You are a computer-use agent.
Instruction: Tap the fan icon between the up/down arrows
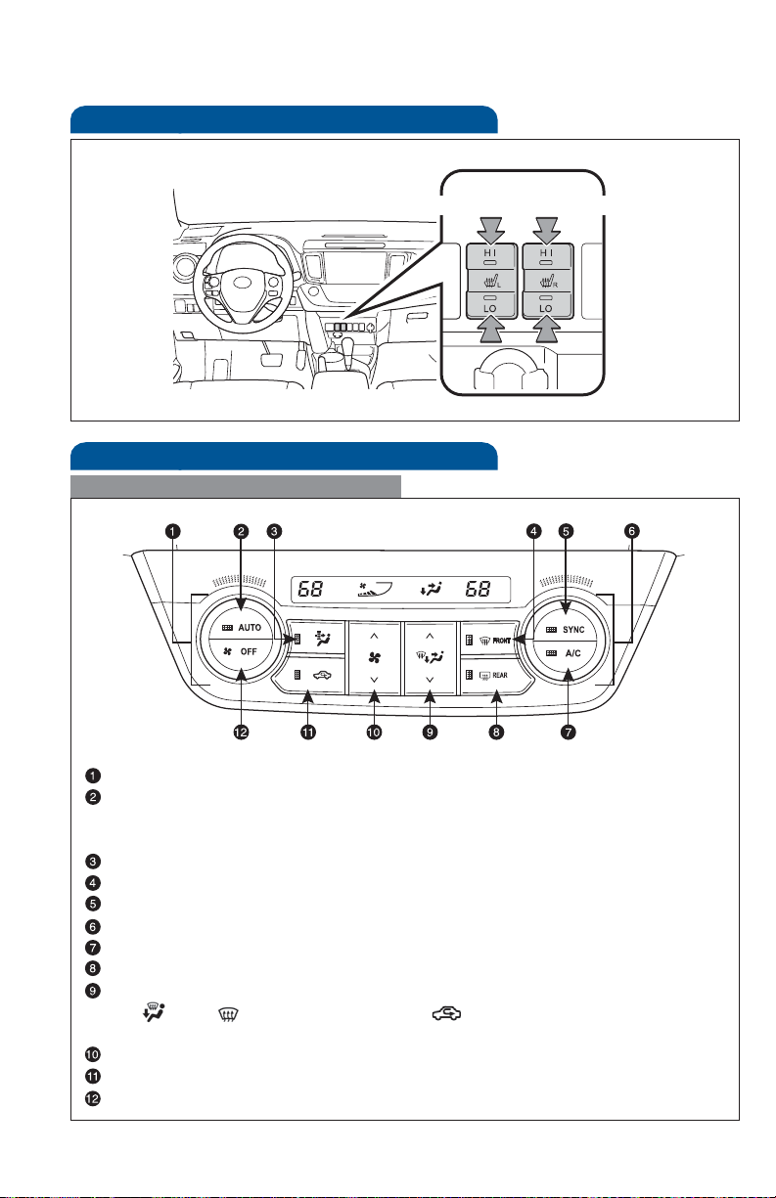coord(374,657)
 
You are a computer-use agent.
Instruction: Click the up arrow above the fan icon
coord(374,635)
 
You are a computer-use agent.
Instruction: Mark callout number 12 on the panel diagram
coord(240,732)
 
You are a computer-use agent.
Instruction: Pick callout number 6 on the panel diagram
coord(633,531)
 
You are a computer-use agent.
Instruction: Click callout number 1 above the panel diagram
coord(172,531)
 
